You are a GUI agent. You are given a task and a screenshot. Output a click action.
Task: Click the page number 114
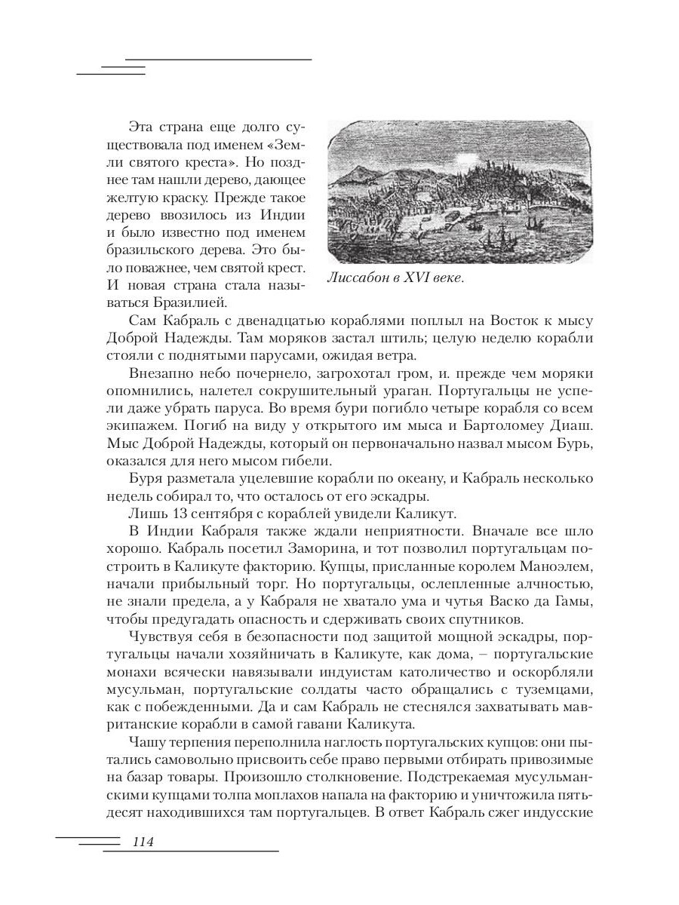143,842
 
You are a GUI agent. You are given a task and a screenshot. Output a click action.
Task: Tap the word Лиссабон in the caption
356,278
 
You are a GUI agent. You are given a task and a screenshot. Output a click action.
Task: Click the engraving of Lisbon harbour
459,193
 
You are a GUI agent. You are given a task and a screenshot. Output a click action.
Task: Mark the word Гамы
575,602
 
